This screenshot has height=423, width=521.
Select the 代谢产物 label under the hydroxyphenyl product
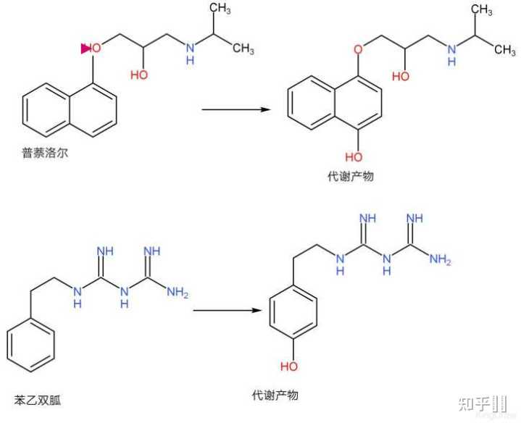tap(275, 395)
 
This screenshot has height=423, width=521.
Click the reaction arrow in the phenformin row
tap(226, 311)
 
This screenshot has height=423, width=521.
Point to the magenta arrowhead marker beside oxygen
tap(86, 49)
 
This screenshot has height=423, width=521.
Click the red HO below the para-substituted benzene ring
tap(288, 366)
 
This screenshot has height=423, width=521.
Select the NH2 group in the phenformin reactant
tap(177, 294)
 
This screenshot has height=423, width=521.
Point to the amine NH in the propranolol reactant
tap(190, 53)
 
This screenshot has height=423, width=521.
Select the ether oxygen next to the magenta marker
tap(97, 49)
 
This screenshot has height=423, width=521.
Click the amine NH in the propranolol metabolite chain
tap(452, 53)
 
